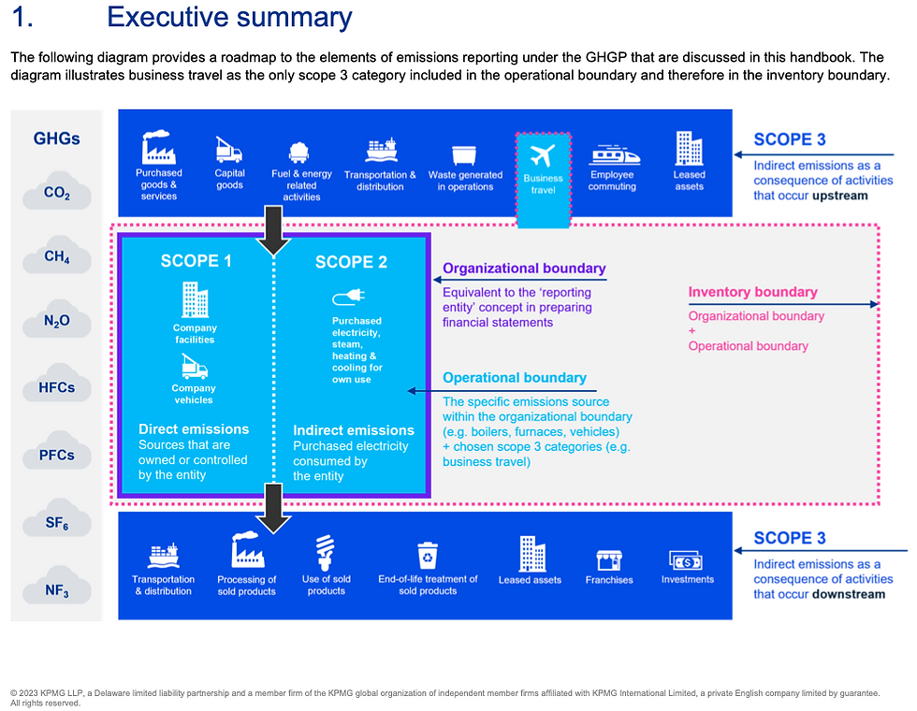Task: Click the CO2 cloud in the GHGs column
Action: [56, 194]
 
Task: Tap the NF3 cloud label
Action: [56, 590]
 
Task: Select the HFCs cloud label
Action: [56, 386]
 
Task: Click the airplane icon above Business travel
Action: [543, 154]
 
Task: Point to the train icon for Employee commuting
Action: [613, 153]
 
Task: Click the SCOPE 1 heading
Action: [196, 261]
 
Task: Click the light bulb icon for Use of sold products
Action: [326, 554]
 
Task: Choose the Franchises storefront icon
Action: [609, 560]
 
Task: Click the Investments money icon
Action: [686, 560]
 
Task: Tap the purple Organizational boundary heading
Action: [524, 268]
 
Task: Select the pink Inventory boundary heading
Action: [752, 292]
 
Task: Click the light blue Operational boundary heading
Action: [515, 378]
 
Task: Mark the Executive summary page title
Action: [229, 18]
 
